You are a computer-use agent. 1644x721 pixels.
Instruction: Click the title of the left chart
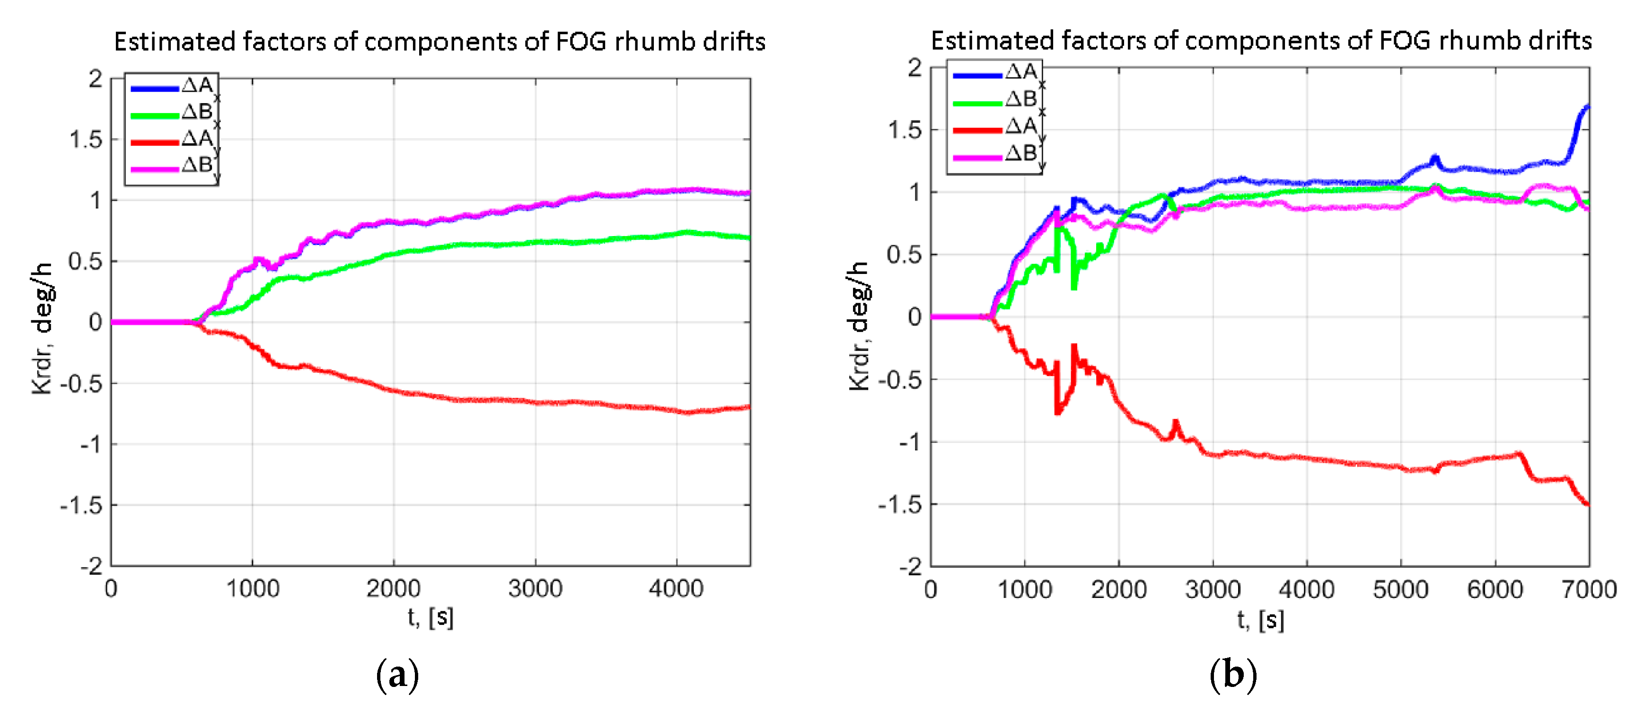pyautogui.click(x=439, y=42)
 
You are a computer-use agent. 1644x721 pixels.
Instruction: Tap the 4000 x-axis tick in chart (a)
pyautogui.click(x=676, y=588)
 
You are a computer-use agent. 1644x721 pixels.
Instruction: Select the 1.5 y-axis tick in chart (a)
pyautogui.click(x=86, y=140)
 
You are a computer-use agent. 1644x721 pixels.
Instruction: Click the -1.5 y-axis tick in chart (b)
pyautogui.click(x=900, y=505)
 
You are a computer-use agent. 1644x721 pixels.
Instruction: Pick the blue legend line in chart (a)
pyautogui.click(x=154, y=88)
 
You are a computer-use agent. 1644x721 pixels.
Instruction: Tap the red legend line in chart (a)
pyautogui.click(x=154, y=141)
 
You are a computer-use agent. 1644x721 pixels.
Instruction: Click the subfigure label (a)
pyautogui.click(x=397, y=675)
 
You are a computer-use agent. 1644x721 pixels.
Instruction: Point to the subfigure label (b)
pyautogui.click(x=1233, y=675)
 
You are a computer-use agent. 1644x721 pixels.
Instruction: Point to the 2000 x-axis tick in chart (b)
pyautogui.click(x=1119, y=589)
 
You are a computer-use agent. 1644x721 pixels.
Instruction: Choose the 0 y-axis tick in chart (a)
pyautogui.click(x=95, y=322)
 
